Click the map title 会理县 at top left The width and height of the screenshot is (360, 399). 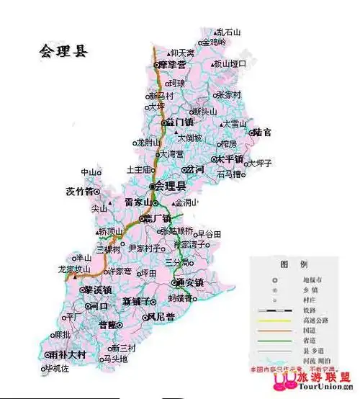tap(63, 51)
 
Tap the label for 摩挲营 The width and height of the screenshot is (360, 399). tap(172, 65)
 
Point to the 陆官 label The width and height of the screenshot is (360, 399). tap(261, 133)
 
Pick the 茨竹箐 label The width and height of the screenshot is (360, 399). tap(79, 192)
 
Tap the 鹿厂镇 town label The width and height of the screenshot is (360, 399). tap(157, 218)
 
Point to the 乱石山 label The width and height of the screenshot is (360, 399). tap(230, 32)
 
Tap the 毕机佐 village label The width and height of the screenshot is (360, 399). tap(58, 369)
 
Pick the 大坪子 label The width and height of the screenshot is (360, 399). tap(259, 163)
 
